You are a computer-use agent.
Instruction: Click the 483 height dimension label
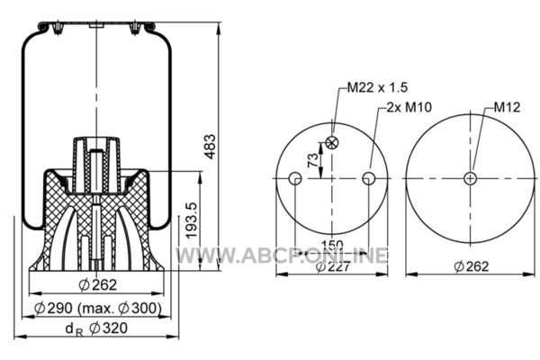point(210,147)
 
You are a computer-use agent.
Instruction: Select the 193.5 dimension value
point(192,220)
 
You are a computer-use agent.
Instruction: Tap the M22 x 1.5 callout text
point(377,87)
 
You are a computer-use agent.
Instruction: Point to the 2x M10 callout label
point(409,107)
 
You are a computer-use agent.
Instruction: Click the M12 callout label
point(507,107)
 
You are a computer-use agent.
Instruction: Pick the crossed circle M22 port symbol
point(332,142)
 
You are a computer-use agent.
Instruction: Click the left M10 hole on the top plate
point(295,178)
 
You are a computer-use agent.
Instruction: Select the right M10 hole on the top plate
point(368,178)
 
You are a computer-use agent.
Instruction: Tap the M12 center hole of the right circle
point(470,178)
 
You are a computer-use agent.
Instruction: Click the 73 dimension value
point(313,160)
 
